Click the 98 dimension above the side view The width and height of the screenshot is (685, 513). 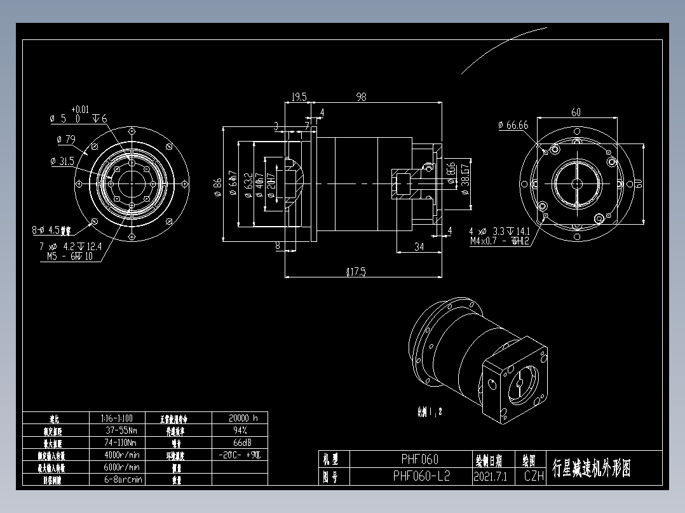362,97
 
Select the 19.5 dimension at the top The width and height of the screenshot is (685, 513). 299,97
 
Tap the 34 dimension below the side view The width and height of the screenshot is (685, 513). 419,246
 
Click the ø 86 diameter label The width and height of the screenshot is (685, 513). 217,185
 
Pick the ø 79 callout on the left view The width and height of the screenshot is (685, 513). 65,138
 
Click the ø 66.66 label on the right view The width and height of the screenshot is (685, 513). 513,125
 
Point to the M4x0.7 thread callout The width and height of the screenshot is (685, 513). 499,241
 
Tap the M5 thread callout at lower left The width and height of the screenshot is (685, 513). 70,256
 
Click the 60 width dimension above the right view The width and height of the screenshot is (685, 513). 576,112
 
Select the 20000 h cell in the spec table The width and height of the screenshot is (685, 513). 243,418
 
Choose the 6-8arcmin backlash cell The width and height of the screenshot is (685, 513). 123,479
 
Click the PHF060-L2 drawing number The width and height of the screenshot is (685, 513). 421,476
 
